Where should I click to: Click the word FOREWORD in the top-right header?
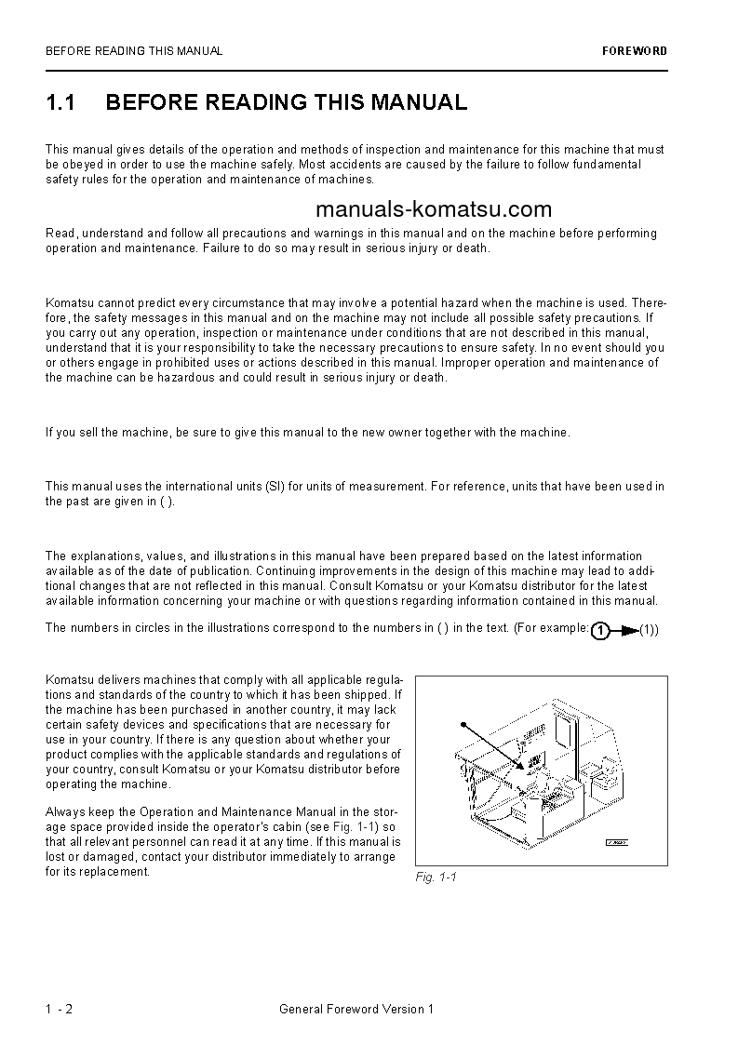[x=635, y=51]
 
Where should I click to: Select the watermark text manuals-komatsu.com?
[x=433, y=209]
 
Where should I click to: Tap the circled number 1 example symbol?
[x=601, y=631]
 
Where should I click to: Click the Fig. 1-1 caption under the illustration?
[x=436, y=878]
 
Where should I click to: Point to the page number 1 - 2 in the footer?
[x=59, y=1009]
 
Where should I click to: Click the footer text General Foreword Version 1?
[x=356, y=1009]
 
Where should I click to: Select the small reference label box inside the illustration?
[x=616, y=843]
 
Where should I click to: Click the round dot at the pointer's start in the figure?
[x=463, y=723]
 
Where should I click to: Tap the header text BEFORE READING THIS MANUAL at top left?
[x=134, y=51]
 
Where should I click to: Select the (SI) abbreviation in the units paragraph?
[x=274, y=487]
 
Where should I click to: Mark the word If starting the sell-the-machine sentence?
[x=50, y=433]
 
